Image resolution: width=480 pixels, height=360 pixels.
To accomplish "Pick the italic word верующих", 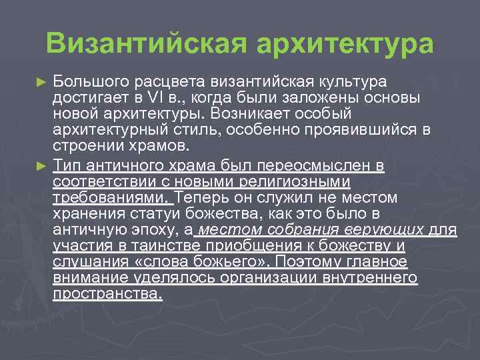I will point(387,230).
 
